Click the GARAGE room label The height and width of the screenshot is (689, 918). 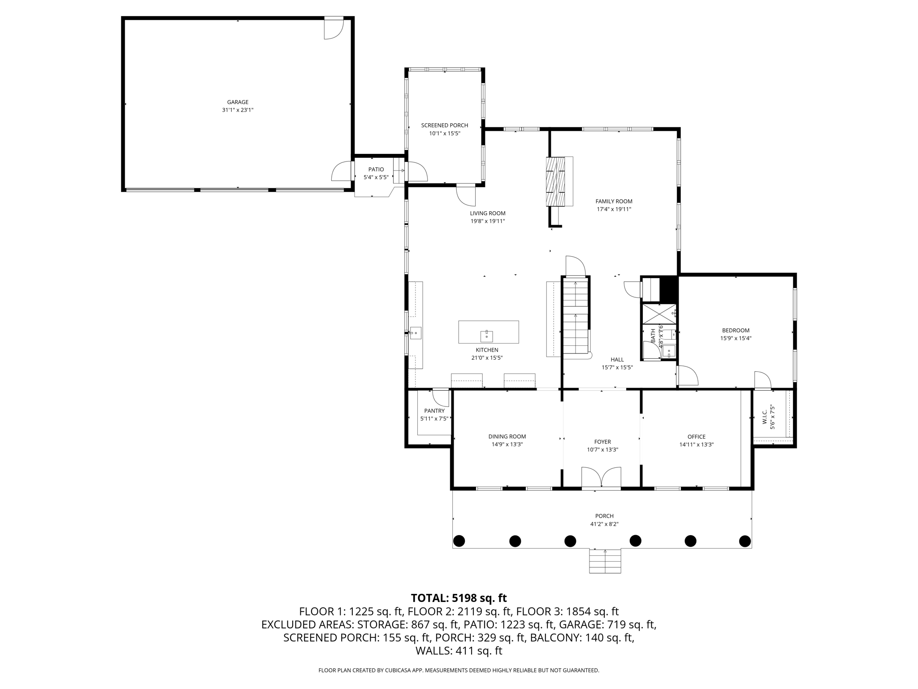pyautogui.click(x=238, y=102)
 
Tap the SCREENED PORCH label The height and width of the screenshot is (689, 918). pyautogui.click(x=445, y=126)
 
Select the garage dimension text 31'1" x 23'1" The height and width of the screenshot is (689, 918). pyautogui.click(x=238, y=110)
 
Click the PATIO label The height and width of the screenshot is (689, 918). pyautogui.click(x=376, y=170)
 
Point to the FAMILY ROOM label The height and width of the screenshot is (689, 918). pyautogui.click(x=614, y=201)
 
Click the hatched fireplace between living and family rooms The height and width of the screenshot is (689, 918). pyautogui.click(x=559, y=181)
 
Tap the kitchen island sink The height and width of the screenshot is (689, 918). pyautogui.click(x=487, y=336)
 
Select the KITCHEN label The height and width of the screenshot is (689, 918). pyautogui.click(x=487, y=350)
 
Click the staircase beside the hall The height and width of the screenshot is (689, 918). pyautogui.click(x=576, y=317)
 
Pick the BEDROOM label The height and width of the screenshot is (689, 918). pyautogui.click(x=736, y=331)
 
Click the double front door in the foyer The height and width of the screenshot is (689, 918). pyautogui.click(x=601, y=477)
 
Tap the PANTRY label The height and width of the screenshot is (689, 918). pyautogui.click(x=434, y=411)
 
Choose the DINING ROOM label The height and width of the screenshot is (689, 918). pyautogui.click(x=507, y=436)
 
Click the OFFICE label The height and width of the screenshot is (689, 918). pyautogui.click(x=697, y=437)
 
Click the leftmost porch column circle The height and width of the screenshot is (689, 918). pyautogui.click(x=459, y=541)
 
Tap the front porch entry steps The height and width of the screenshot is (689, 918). pyautogui.click(x=605, y=561)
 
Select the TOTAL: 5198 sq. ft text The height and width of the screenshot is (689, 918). pyautogui.click(x=459, y=598)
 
